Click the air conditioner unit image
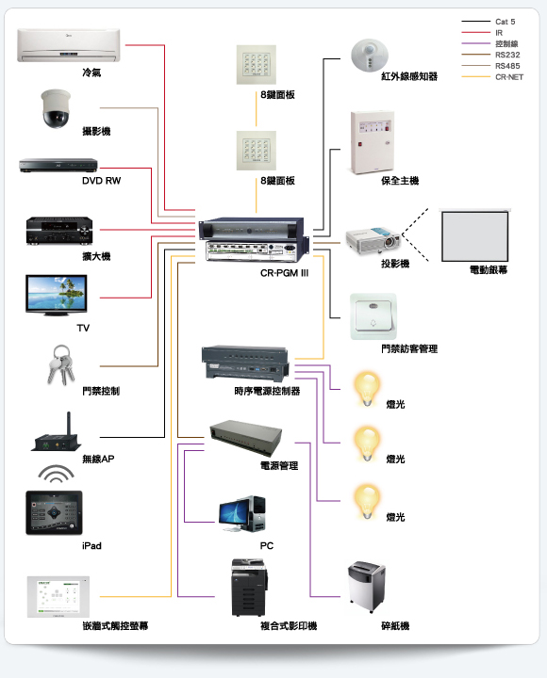(69, 45)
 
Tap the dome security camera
(56, 108)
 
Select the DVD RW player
(58, 166)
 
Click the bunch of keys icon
(61, 364)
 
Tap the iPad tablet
(54, 512)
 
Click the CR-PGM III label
(284, 273)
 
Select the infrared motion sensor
(370, 56)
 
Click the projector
(373, 240)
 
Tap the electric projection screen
(474, 235)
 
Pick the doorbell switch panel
(373, 317)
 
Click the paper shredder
(367, 586)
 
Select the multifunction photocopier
(249, 588)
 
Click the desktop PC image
(242, 514)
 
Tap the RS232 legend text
(507, 55)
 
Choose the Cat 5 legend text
(505, 22)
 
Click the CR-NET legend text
(509, 77)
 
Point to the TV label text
(83, 329)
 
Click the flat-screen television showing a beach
(57, 295)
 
